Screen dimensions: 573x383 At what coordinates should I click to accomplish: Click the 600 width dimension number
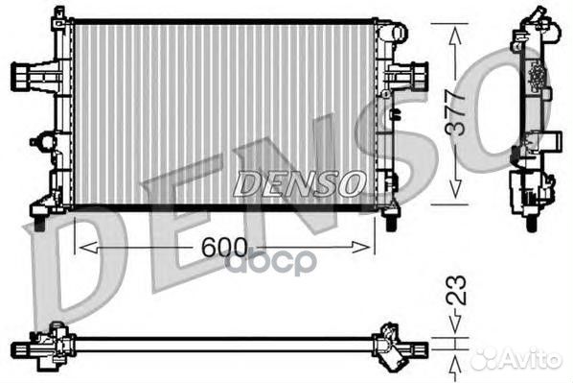tap(224, 247)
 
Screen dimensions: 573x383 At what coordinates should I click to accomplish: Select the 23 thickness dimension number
tap(456, 290)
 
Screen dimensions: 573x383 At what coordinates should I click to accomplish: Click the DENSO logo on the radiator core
tap(300, 183)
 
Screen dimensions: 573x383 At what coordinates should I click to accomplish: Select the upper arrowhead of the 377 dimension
tap(455, 36)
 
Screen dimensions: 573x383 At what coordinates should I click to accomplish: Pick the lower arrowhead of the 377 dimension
tap(455, 189)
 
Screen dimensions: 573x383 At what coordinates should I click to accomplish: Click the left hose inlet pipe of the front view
tap(26, 76)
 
